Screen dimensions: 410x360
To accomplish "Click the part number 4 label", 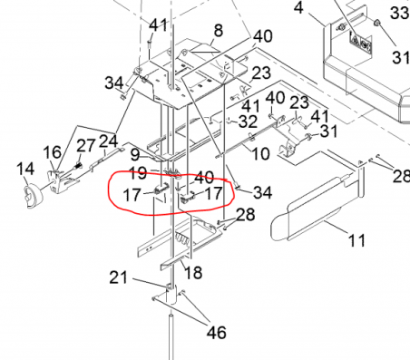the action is [x=298, y=8].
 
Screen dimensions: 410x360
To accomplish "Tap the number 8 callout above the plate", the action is [x=219, y=31].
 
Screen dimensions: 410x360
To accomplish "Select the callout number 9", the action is [x=135, y=155].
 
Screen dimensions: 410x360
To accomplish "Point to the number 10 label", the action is [x=260, y=153].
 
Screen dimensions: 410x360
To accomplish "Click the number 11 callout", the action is [x=356, y=240].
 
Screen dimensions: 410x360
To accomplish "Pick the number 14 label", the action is [x=25, y=169].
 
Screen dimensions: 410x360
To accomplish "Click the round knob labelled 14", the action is [x=33, y=197].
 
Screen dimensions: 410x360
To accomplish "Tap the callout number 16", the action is [x=52, y=152].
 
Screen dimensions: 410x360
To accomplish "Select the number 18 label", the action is [x=193, y=273].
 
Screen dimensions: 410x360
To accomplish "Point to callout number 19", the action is [x=138, y=173].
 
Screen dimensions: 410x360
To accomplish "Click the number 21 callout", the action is [x=118, y=277].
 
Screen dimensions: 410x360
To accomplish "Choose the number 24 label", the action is [x=108, y=141].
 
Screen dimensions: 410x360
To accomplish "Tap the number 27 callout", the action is [x=86, y=145].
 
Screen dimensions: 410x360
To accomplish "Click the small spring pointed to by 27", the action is [x=78, y=167].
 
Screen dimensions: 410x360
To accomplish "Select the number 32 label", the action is [x=248, y=122].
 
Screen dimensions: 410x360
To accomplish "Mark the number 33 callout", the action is [x=400, y=13].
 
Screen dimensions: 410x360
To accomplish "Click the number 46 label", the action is [x=217, y=333].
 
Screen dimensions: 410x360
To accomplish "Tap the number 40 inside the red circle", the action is [x=204, y=177].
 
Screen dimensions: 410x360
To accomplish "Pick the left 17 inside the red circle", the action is [x=132, y=195].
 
